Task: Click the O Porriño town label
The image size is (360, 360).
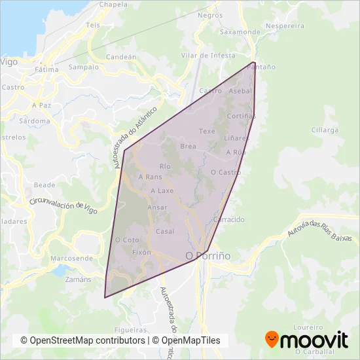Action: coord(208,256)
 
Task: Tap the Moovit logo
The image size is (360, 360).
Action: coord(306,340)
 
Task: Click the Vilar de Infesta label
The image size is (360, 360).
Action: coord(209,56)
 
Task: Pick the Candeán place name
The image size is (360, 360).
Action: coord(120,57)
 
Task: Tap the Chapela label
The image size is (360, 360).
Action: coord(113,4)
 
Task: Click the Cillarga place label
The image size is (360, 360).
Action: coord(325,130)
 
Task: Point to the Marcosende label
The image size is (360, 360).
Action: coord(71,258)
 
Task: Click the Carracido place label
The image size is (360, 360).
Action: coord(228,219)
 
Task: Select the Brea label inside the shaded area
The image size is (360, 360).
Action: coord(189,146)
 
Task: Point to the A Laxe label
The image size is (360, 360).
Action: coord(162,191)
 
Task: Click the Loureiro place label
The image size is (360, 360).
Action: coord(309,326)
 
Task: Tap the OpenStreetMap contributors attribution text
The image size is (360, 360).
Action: coord(82,340)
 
